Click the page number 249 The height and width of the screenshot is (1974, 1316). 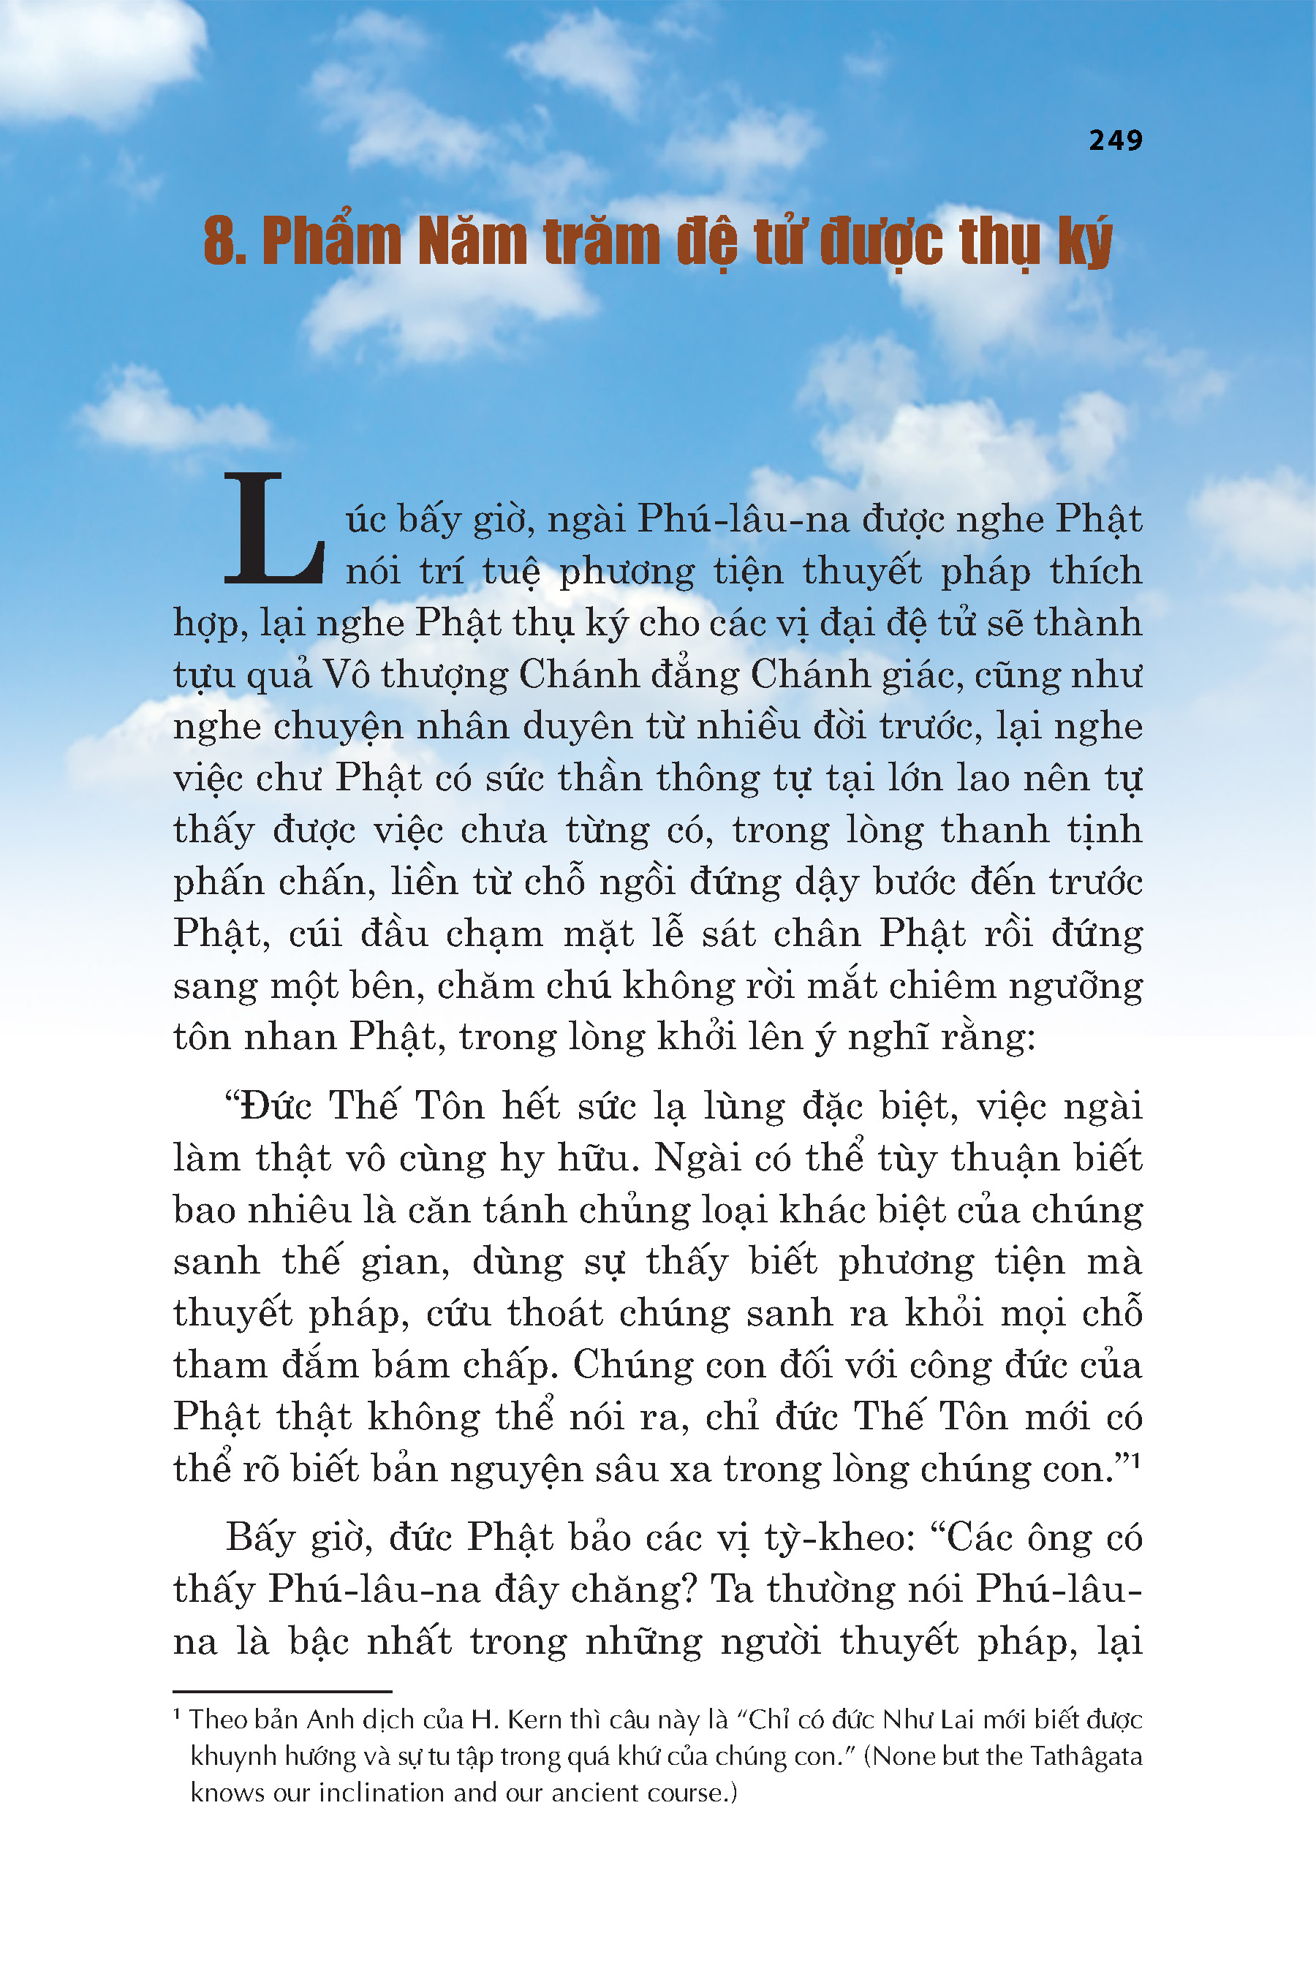[1116, 140]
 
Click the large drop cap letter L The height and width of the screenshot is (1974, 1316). [273, 529]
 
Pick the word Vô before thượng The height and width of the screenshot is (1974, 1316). [347, 675]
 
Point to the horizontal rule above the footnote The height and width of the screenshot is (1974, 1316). [282, 1691]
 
